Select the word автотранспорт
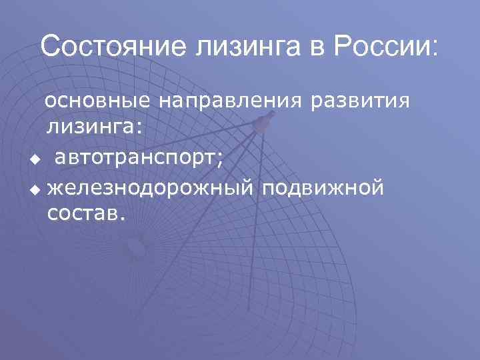coord(137,158)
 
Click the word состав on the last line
coord(82,213)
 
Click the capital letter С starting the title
coord(50,46)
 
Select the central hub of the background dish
coord(137,248)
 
